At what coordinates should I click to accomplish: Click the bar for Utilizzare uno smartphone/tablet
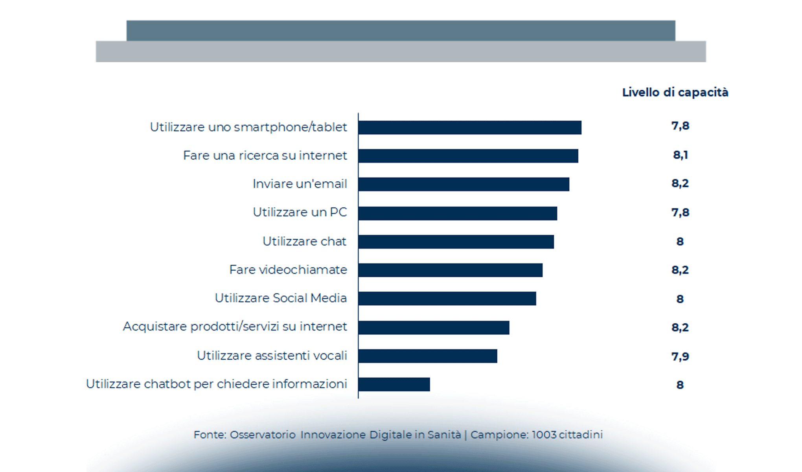(x=469, y=127)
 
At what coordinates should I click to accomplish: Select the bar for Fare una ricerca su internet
(x=468, y=156)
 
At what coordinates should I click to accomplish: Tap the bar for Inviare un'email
(x=464, y=184)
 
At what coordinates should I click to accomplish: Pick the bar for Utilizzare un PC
(x=457, y=213)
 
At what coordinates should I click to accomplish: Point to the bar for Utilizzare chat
(x=456, y=242)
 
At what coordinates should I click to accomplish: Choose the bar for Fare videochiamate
(x=450, y=270)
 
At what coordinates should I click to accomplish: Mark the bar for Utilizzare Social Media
(x=447, y=299)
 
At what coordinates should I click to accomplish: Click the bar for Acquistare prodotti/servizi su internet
(x=434, y=327)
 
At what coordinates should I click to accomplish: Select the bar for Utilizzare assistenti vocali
(x=427, y=356)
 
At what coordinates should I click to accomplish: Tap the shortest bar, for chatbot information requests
(x=394, y=384)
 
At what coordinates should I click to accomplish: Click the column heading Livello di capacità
(x=675, y=92)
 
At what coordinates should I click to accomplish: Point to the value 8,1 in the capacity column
(x=680, y=155)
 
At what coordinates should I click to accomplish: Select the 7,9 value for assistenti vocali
(x=680, y=356)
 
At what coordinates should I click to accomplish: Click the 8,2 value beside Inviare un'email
(x=680, y=183)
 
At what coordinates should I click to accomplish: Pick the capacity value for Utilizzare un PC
(x=680, y=212)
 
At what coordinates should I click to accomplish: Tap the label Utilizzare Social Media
(x=281, y=298)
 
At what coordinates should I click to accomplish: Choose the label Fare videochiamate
(x=288, y=270)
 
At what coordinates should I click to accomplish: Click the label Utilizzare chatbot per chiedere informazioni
(x=216, y=384)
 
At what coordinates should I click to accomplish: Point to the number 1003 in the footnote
(x=544, y=435)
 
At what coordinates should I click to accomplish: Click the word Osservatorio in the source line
(x=263, y=435)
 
